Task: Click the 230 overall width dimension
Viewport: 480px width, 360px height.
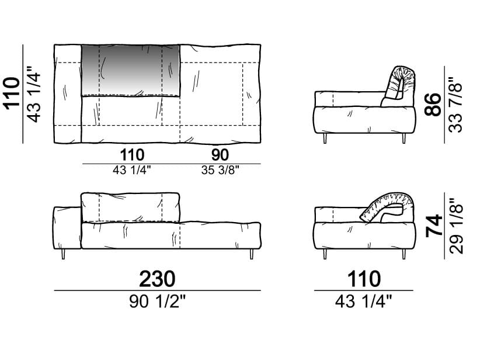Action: (157, 279)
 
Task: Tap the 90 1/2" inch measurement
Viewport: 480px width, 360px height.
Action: (157, 302)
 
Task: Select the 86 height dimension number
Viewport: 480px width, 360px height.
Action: (433, 105)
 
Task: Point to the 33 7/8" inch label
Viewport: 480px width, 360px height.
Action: (455, 105)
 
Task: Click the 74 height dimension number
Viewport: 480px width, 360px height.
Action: (434, 226)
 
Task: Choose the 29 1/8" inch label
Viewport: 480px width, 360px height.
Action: (456, 226)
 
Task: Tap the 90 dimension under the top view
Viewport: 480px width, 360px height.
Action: (220, 155)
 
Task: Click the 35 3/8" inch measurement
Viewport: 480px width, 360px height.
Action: (220, 170)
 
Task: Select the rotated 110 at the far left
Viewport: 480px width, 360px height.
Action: (11, 94)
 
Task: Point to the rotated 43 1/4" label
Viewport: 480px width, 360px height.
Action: (34, 94)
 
